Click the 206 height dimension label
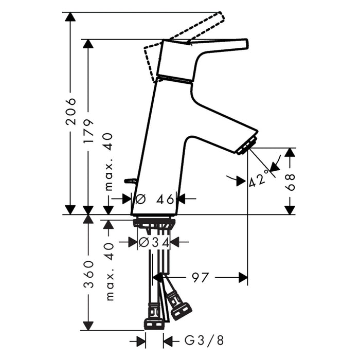coord(70,112)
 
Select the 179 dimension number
coord(88,131)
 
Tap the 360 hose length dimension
coord(88,274)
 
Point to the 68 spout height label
coord(290,182)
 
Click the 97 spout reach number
coord(200,278)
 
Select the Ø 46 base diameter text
coord(154,199)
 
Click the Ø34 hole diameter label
coord(154,242)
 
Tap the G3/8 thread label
coord(204,340)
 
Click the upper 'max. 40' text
coord(109,161)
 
